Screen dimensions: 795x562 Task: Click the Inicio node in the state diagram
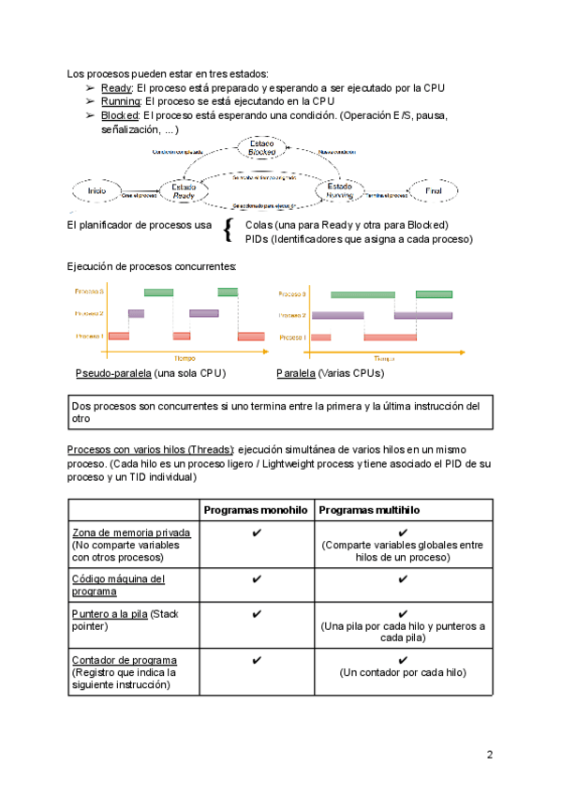[96, 191]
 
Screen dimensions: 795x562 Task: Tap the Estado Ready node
[184, 191]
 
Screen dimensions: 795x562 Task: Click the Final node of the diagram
[433, 191]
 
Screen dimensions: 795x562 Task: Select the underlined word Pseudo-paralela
[113, 373]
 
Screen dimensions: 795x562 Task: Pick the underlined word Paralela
[295, 373]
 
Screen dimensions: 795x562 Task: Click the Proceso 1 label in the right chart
[293, 337]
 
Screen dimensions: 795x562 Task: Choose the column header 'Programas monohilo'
[256, 510]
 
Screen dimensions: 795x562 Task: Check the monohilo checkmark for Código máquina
[256, 579]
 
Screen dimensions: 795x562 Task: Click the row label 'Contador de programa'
[124, 660]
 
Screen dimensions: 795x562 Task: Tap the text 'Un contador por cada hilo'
[403, 673]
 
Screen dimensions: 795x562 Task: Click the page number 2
[489, 756]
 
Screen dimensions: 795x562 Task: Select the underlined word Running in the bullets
[121, 101]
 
